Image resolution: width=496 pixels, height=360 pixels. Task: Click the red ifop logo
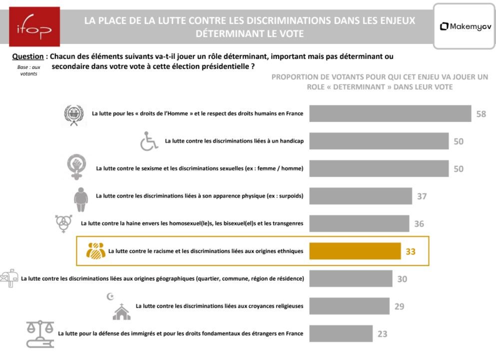[34, 26]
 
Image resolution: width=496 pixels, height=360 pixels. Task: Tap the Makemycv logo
[466, 26]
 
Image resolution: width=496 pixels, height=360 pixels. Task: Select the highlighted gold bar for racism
[355, 251]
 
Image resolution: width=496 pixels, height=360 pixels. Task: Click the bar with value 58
[390, 113]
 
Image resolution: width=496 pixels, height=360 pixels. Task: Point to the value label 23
[382, 334]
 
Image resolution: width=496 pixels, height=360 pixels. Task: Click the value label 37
[422, 196]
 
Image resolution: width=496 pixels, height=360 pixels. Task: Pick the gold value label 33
[411, 252]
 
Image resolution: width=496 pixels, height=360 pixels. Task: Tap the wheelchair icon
[149, 141]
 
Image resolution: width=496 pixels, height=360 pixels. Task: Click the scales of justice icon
[40, 334]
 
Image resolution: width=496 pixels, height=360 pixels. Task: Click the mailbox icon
[9, 278]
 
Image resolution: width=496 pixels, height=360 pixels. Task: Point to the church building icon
[121, 312]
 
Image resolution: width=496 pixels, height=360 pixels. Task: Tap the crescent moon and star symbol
[110, 297]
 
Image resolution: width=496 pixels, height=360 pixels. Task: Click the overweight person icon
[81, 199]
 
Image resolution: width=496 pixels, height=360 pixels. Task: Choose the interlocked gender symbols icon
[63, 223]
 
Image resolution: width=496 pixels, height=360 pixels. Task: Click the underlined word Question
[28, 56]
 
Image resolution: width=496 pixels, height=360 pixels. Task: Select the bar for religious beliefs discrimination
[349, 306]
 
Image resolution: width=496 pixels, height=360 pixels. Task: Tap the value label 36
[419, 224]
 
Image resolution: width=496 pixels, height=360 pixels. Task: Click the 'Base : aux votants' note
[29, 70]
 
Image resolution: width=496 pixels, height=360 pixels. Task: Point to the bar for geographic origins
[351, 279]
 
